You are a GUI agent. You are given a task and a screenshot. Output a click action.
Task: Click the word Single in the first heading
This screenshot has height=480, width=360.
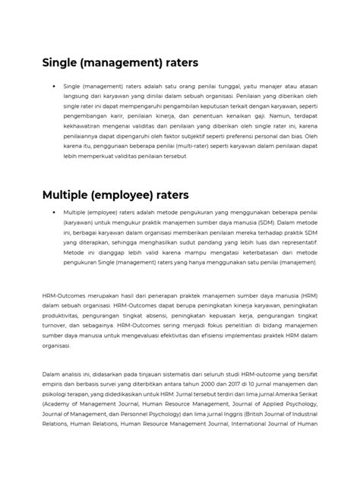click(61, 62)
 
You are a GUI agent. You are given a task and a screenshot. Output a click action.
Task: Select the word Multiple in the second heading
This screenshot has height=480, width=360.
click(68, 195)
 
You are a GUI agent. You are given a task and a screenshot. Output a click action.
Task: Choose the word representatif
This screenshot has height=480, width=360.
click(301, 237)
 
